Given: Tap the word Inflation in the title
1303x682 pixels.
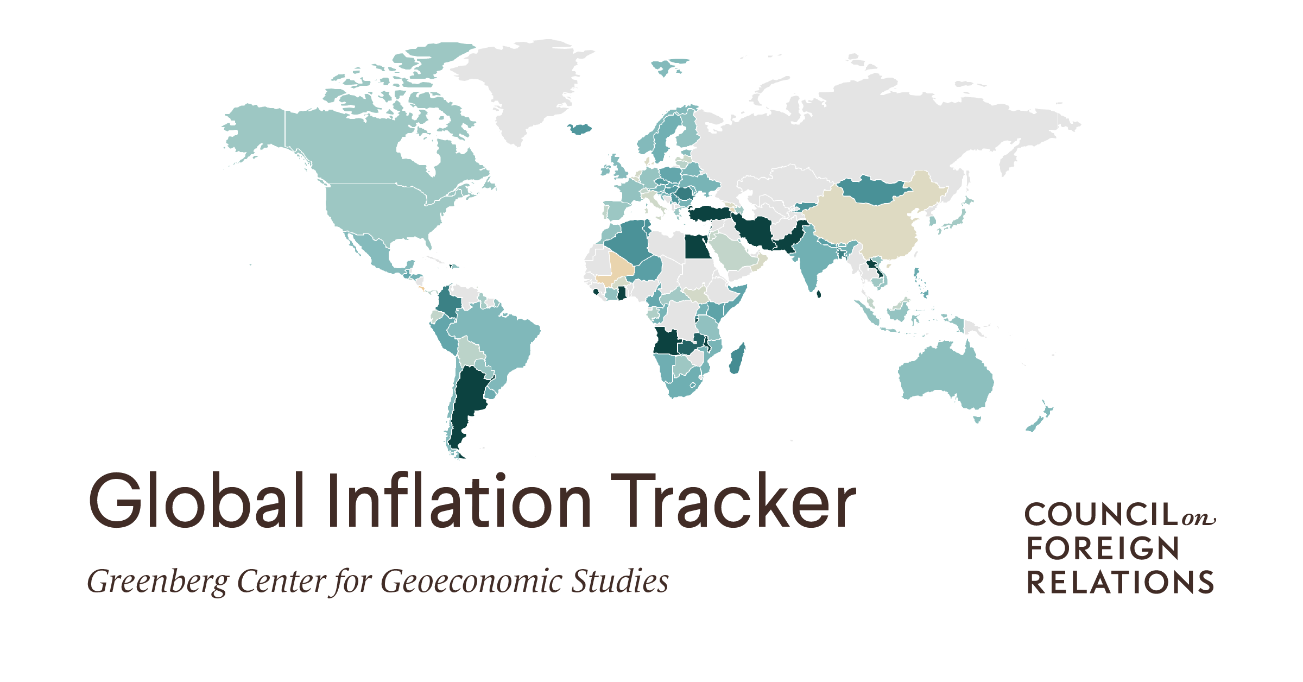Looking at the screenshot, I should (x=459, y=501).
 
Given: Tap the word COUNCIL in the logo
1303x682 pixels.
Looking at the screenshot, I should (x=1102, y=515).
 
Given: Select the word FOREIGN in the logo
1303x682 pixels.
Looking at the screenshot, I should (x=1102, y=548).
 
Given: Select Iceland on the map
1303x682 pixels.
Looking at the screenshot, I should (x=580, y=129).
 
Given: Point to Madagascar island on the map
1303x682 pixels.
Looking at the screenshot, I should (x=737, y=358).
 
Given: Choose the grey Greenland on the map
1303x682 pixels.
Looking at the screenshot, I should (x=521, y=81).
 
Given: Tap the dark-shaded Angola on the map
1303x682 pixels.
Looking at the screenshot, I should (x=666, y=342).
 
